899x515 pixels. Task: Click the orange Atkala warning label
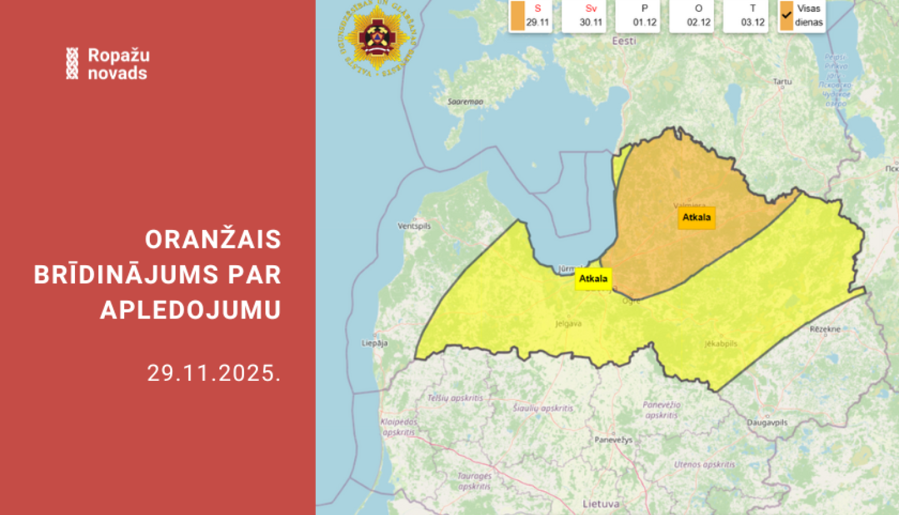tap(696, 217)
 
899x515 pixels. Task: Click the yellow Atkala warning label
tap(593, 278)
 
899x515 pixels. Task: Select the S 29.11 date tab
tap(531, 16)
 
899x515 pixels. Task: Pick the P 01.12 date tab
tap(644, 16)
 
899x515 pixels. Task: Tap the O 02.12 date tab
tap(698, 16)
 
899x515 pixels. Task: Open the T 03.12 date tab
tap(752, 16)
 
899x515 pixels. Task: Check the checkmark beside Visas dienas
tap(786, 16)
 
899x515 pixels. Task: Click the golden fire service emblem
tap(377, 38)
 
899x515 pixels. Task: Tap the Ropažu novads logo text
tap(118, 63)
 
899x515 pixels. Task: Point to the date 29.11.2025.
tap(214, 373)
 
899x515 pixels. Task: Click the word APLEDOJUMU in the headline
tap(191, 310)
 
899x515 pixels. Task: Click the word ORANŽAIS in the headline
tap(213, 240)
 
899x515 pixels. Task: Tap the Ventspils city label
tap(414, 226)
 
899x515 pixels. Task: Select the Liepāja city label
tap(375, 343)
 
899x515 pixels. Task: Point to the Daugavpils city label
tap(767, 422)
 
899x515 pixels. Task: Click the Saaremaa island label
tap(465, 102)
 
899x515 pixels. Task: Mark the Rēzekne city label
tap(825, 329)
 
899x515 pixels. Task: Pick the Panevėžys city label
tap(613, 440)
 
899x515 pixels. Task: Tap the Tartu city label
tap(782, 81)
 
